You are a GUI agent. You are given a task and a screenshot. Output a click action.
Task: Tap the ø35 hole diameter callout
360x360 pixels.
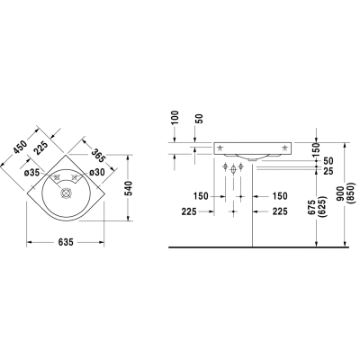(x=32, y=173)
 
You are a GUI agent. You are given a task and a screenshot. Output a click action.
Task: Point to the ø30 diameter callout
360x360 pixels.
(x=96, y=172)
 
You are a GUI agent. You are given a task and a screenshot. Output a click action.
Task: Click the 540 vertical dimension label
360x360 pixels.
(x=129, y=188)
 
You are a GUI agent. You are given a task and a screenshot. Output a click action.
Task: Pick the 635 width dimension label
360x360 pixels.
(x=66, y=242)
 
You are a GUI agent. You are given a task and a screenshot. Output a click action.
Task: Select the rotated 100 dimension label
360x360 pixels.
(x=175, y=118)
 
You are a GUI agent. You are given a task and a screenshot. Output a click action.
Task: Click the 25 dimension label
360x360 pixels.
(x=329, y=171)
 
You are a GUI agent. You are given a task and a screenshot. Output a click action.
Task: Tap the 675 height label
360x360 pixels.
(x=311, y=207)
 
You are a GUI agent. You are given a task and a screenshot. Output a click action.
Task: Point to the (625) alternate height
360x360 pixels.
(x=321, y=208)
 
